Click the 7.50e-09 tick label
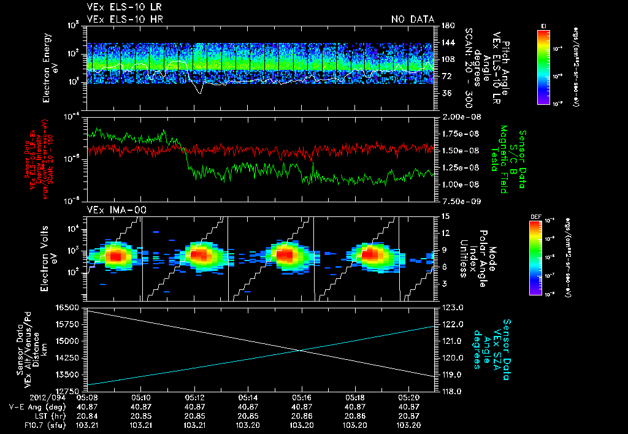(x=458, y=200)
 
